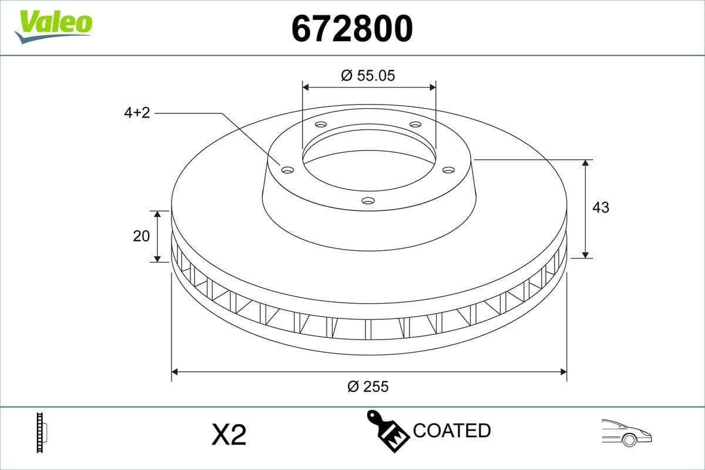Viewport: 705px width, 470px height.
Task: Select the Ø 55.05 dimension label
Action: pyautogui.click(x=368, y=75)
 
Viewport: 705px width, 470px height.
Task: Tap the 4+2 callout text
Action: pyautogui.click(x=137, y=113)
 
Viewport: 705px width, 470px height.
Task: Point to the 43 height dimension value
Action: pyautogui.click(x=600, y=207)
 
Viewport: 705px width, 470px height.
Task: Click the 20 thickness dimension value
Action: pyautogui.click(x=142, y=236)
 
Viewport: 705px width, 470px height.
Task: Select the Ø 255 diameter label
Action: pyautogui.click(x=368, y=386)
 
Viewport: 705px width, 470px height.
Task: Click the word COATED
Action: pyautogui.click(x=451, y=431)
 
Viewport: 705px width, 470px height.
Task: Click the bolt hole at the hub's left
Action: pyautogui.click(x=287, y=170)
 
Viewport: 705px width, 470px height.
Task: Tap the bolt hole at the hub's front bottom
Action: pyautogui.click(x=368, y=200)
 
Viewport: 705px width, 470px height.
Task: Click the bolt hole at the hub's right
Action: pyautogui.click(x=448, y=170)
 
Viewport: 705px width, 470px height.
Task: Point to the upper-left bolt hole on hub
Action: pyautogui.click(x=321, y=125)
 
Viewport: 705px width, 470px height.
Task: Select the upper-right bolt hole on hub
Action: pyautogui.click(x=415, y=125)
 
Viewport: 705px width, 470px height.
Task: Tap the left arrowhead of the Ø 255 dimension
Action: pyautogui.click(x=174, y=372)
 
